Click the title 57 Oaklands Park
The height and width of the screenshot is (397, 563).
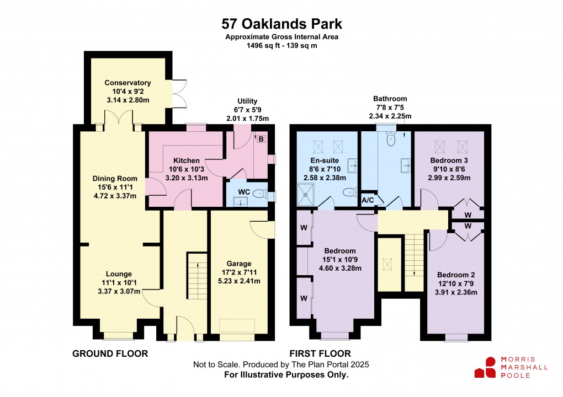point(281,24)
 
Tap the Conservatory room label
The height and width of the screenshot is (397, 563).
point(128,83)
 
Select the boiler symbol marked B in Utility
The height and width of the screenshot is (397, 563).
point(261,138)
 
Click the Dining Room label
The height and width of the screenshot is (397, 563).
point(115,178)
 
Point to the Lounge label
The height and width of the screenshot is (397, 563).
point(119,273)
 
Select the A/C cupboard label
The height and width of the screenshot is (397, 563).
point(367,200)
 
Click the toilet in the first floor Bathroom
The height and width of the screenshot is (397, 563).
point(391,140)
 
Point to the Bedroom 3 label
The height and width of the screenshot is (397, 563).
point(449,160)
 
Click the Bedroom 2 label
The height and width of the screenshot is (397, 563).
point(456,275)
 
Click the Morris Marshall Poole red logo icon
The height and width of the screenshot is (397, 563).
point(486,367)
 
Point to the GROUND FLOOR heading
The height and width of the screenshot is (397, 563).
point(110,353)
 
